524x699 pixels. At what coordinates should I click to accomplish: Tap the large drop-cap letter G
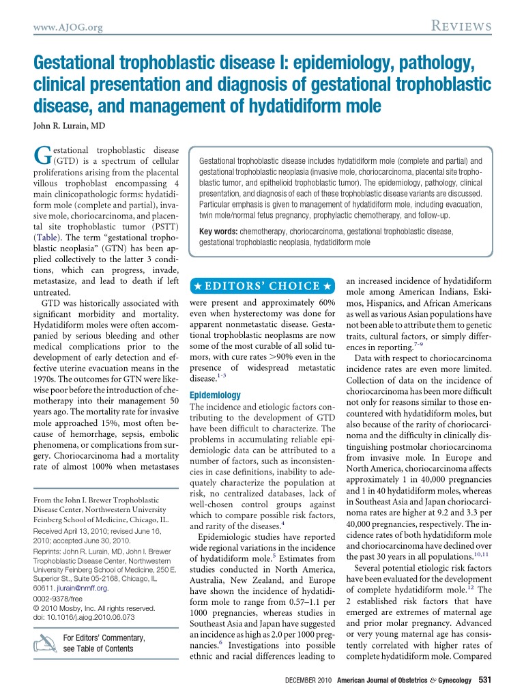pos(42,155)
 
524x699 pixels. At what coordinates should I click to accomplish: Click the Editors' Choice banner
pos(263,285)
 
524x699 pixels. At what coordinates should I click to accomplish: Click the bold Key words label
pos(218,232)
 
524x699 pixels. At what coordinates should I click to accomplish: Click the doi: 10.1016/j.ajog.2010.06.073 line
pos(83,616)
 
